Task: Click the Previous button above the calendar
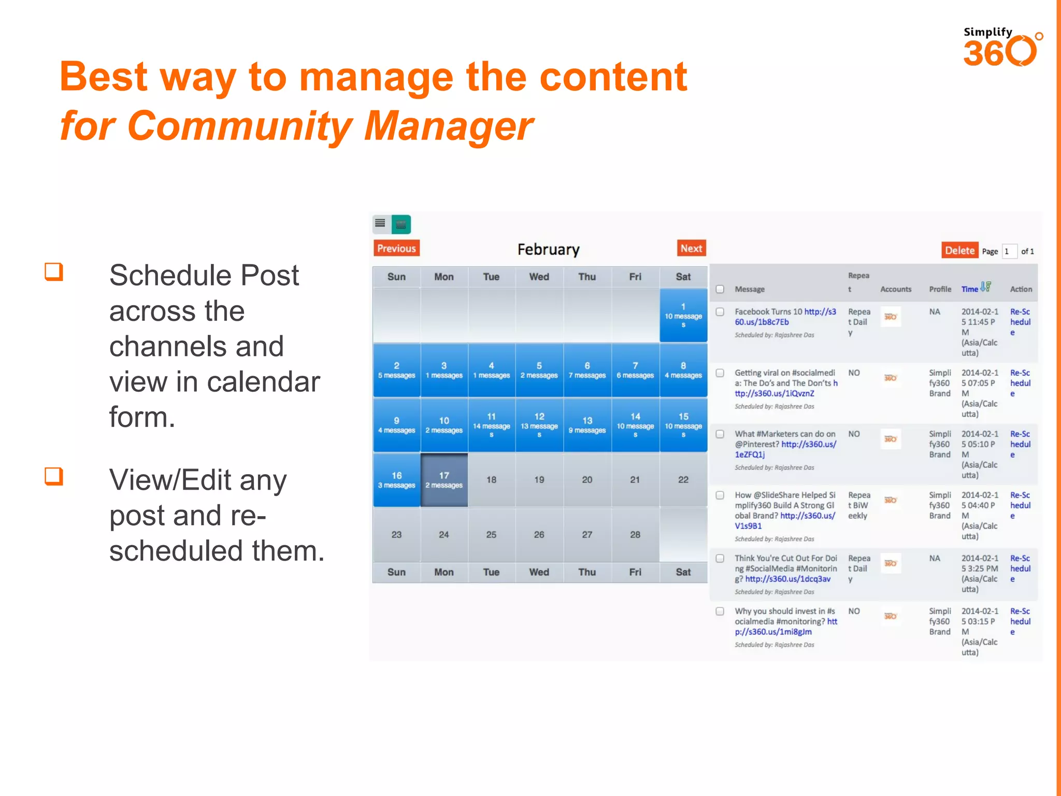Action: click(396, 248)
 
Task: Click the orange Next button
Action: click(691, 248)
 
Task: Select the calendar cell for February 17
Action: click(444, 480)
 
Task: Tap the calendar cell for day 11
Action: click(491, 424)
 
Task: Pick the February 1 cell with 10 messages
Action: click(683, 315)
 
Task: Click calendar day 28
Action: click(635, 534)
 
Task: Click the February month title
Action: click(548, 250)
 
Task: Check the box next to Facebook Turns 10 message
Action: click(720, 312)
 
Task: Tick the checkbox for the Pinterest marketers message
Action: click(720, 434)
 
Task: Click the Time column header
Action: click(970, 289)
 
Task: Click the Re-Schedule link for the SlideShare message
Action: click(1020, 505)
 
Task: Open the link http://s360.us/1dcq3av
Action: click(787, 579)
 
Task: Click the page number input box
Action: click(1009, 251)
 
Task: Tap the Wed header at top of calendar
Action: click(539, 277)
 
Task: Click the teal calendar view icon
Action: click(401, 224)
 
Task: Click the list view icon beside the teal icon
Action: click(380, 224)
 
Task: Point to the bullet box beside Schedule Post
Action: click(54, 272)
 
